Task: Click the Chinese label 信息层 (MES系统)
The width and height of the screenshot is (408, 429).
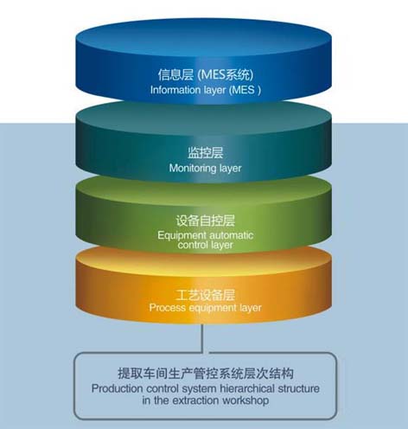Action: (206, 74)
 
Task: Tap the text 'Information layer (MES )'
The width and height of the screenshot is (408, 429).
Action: (206, 90)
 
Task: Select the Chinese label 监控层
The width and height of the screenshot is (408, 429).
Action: (206, 152)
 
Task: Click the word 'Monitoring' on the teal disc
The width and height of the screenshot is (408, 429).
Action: (193, 168)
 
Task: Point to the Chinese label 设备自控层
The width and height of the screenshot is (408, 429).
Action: (206, 221)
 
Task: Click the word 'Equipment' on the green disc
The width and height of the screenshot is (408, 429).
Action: (182, 235)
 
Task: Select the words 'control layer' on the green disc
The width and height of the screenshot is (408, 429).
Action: (205, 245)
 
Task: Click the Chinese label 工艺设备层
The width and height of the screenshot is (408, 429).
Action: (206, 295)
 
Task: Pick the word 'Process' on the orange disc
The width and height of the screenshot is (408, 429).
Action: (168, 308)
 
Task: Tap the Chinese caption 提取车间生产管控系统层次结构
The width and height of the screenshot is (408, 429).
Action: (206, 374)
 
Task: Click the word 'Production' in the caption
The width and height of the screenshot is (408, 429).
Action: (117, 388)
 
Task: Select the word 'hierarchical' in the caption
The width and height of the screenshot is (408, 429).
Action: (247, 388)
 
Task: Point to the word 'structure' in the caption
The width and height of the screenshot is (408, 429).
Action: (299, 388)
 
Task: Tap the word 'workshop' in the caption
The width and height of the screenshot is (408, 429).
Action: (245, 400)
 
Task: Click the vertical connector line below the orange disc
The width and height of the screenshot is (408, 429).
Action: (202, 338)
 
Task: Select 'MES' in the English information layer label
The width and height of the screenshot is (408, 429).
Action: (244, 90)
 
